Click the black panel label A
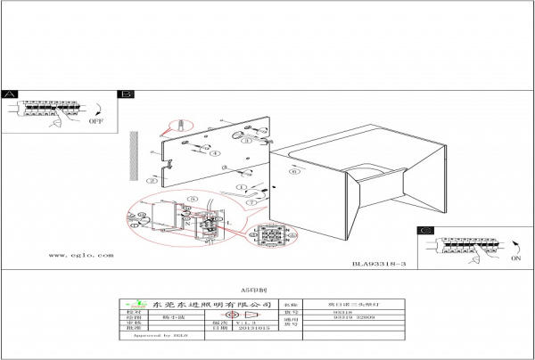tap(9, 94)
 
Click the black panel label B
tap(127, 94)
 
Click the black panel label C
tap(425, 231)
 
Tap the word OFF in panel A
tap(96, 119)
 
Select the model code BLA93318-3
tap(379, 265)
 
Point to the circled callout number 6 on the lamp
tap(293, 173)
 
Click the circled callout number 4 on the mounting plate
tap(214, 153)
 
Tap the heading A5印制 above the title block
tap(255, 290)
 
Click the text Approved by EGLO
tap(158, 337)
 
